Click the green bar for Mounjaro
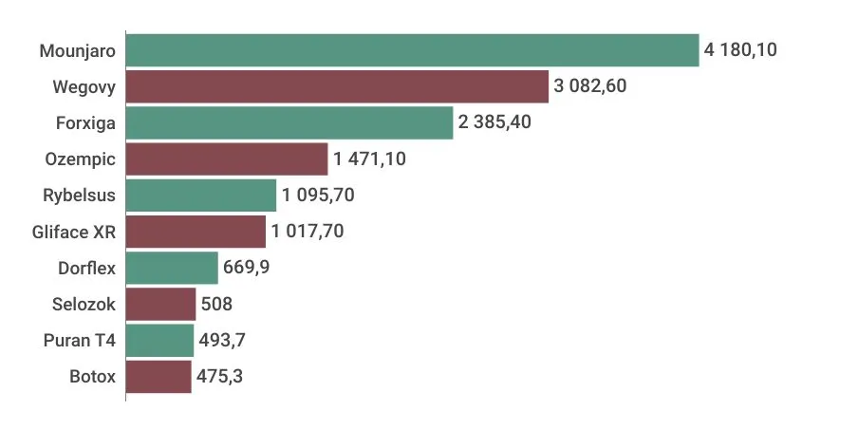[x=412, y=50]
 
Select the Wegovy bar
[x=337, y=86]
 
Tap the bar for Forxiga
[x=289, y=122]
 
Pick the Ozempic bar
[x=226, y=159]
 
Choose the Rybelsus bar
[x=200, y=196]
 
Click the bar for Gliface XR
[x=196, y=232]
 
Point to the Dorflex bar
[x=172, y=268]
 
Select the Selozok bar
[x=160, y=304]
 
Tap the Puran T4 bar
[x=159, y=340]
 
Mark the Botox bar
[x=159, y=376]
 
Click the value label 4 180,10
[x=740, y=50]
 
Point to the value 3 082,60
[x=590, y=86]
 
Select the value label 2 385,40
[x=494, y=122]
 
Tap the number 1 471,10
[x=369, y=159]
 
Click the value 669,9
[x=247, y=268]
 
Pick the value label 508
[x=216, y=304]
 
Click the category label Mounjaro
[x=78, y=50]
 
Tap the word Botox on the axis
[x=93, y=376]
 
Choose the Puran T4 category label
[x=80, y=340]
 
